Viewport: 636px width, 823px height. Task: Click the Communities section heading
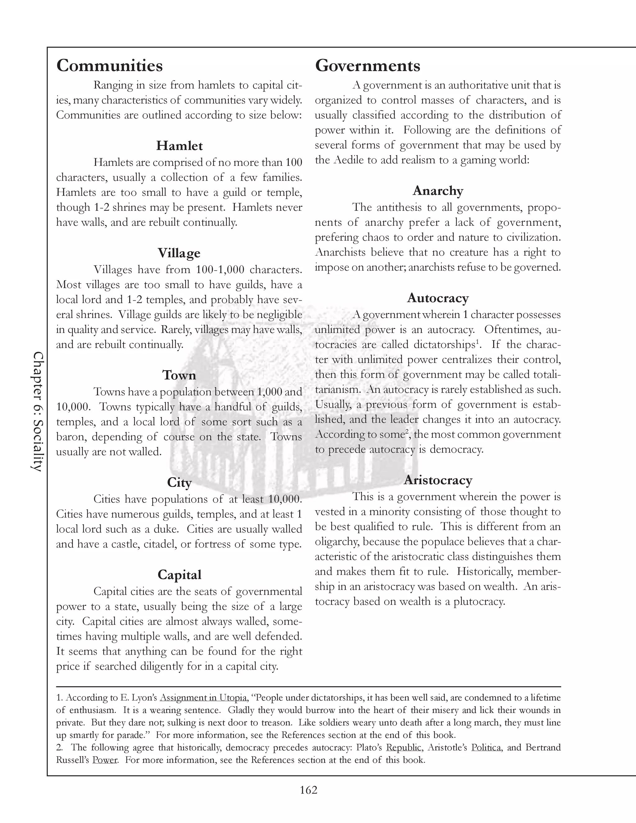pyautogui.click(x=109, y=66)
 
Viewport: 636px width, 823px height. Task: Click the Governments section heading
pyautogui.click(x=367, y=66)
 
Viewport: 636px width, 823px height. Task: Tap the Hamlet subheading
pyautogui.click(x=179, y=146)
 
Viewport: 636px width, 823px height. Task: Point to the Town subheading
pyautogui.click(x=179, y=375)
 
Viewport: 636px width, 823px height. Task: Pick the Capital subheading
pyautogui.click(x=179, y=575)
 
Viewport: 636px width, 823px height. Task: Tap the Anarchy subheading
pyautogui.click(x=438, y=191)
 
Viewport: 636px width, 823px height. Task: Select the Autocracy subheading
pyautogui.click(x=438, y=298)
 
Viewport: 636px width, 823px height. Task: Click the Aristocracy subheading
pyautogui.click(x=438, y=480)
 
